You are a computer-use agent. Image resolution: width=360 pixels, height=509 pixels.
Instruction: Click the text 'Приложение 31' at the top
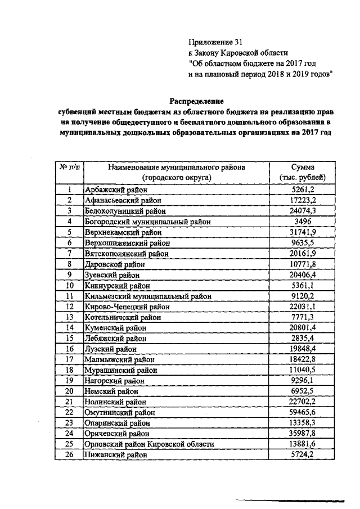click(211, 42)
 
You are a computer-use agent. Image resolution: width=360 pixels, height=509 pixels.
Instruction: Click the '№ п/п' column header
click(70, 168)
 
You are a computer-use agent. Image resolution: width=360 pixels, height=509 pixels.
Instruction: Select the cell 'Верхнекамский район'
click(121, 232)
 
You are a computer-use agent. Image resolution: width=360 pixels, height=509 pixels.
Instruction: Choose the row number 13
click(70, 317)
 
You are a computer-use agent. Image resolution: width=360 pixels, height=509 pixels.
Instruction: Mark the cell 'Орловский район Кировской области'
click(149, 444)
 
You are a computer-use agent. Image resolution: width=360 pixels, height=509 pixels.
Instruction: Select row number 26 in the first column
click(70, 454)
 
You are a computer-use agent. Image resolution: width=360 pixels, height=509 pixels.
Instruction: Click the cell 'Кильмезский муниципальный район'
click(147, 296)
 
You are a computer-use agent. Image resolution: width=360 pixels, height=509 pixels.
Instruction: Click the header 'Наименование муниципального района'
click(177, 168)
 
